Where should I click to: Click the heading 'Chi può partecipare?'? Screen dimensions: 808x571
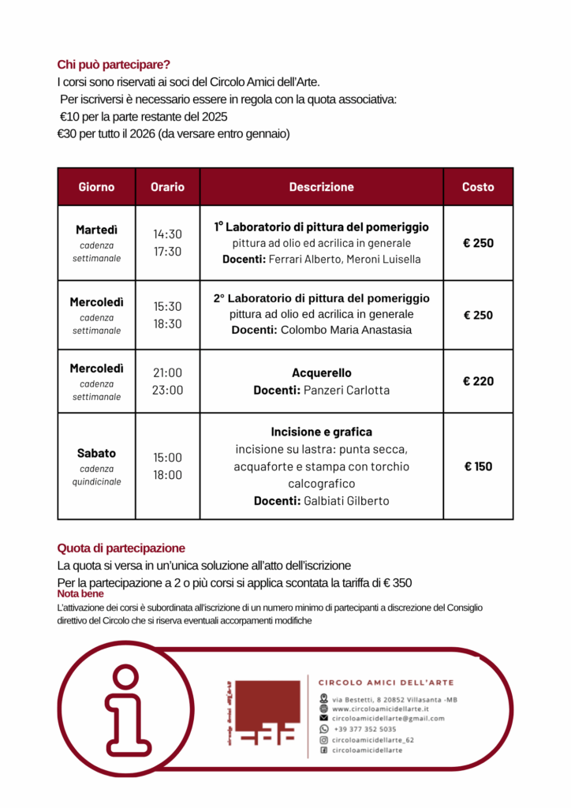(x=114, y=65)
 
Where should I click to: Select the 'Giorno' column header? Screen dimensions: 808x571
(x=96, y=187)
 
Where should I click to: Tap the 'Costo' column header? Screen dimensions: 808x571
(x=478, y=187)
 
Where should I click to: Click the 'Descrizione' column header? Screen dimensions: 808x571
(x=321, y=187)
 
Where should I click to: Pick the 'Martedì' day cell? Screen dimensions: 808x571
(x=96, y=230)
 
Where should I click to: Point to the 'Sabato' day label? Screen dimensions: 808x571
(x=96, y=453)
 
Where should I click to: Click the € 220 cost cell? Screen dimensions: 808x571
(x=478, y=381)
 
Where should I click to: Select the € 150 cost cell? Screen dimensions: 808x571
(x=478, y=466)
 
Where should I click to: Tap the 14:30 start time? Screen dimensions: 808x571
(x=167, y=234)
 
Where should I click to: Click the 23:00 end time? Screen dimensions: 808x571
(x=167, y=390)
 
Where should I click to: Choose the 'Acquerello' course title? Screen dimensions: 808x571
(x=322, y=372)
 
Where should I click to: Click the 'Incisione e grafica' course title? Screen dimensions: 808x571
(x=322, y=432)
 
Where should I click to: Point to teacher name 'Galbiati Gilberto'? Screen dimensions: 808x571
(x=346, y=501)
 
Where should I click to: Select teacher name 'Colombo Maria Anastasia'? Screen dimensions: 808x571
(x=346, y=330)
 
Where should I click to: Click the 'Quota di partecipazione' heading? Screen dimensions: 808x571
(x=121, y=548)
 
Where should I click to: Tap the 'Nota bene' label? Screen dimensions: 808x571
(x=80, y=593)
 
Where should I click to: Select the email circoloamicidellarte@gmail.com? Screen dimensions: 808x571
(x=388, y=719)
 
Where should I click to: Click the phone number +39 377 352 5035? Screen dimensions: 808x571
(x=364, y=729)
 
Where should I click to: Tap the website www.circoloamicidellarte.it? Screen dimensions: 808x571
(x=380, y=709)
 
